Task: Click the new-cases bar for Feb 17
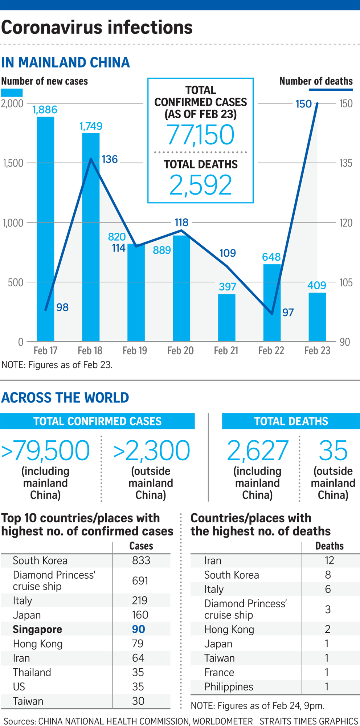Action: pyautogui.click(x=45, y=229)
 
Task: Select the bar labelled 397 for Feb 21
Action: pyautogui.click(x=227, y=318)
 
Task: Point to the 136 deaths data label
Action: pyautogui.click(x=110, y=159)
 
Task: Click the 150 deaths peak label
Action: pyautogui.click(x=303, y=104)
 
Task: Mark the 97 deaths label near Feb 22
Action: pyautogui.click(x=288, y=313)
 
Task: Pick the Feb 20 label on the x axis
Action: pyautogui.click(x=180, y=351)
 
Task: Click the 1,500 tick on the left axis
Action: pyautogui.click(x=13, y=163)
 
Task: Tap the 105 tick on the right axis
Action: pyautogui.click(x=346, y=282)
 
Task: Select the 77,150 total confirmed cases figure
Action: pyautogui.click(x=200, y=135)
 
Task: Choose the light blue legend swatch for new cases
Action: pyautogui.click(x=12, y=93)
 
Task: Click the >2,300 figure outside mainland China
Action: pyautogui.click(x=151, y=450)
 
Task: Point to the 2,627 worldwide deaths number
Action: pyautogui.click(x=258, y=450)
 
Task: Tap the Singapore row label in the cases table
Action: pyautogui.click(x=37, y=629)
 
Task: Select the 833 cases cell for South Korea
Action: pyautogui.click(x=141, y=561)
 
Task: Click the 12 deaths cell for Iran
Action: pyautogui.click(x=329, y=561)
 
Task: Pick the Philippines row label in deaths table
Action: pyautogui.click(x=229, y=687)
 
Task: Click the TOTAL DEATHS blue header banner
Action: pyautogui.click(x=291, y=421)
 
